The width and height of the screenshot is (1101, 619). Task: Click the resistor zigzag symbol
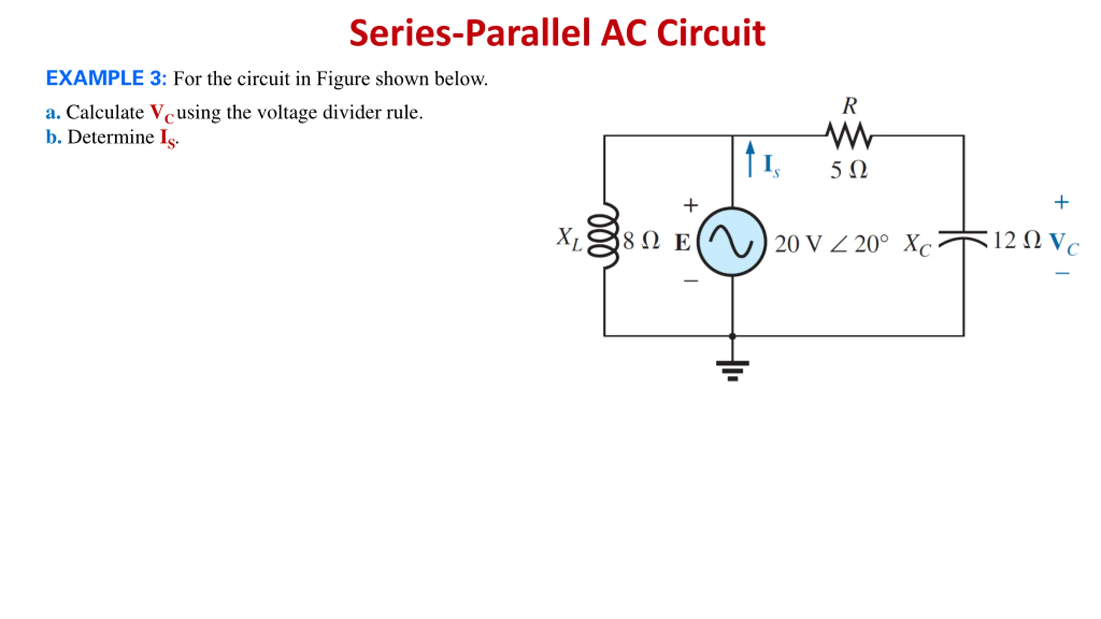pyautogui.click(x=849, y=135)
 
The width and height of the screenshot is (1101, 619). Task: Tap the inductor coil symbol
pyautogui.click(x=603, y=236)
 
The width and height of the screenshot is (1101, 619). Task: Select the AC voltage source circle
pyautogui.click(x=732, y=242)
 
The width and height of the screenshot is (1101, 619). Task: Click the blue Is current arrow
pyautogui.click(x=750, y=159)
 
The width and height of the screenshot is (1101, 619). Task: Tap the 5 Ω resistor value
pyautogui.click(x=849, y=170)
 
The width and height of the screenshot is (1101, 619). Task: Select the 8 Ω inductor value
pyautogui.click(x=641, y=241)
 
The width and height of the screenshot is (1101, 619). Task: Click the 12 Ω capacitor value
pyautogui.click(x=1017, y=240)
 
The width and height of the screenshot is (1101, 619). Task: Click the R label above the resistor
pyautogui.click(x=849, y=106)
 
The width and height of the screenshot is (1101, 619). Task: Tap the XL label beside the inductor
pyautogui.click(x=569, y=239)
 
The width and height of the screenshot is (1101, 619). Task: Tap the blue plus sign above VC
pyautogui.click(x=1061, y=202)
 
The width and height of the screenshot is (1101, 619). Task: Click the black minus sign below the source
pyautogui.click(x=691, y=281)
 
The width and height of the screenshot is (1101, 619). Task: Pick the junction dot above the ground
pyautogui.click(x=732, y=336)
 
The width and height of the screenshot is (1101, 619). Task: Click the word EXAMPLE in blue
pyautogui.click(x=95, y=78)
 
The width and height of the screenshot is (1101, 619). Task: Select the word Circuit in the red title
pyautogui.click(x=711, y=33)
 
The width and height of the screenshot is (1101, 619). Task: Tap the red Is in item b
pyautogui.click(x=168, y=139)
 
